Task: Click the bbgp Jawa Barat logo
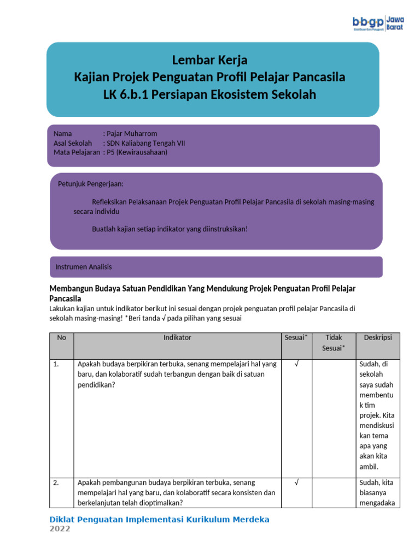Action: pos(378,23)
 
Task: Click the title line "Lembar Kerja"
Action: pos(209,60)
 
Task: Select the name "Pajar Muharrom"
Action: pos(132,134)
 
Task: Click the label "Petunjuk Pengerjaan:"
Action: pos(91,183)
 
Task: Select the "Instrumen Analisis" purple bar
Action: pos(216,267)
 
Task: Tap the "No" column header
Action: pos(62,338)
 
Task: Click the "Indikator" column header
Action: pos(177,338)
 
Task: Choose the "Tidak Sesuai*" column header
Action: pos(333,343)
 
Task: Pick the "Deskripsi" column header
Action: pos(378,338)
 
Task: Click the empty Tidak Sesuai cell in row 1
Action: pos(333,415)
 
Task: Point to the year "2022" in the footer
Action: pos(60,529)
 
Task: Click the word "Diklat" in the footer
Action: pos(64,519)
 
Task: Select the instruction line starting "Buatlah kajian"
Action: pos(170,229)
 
